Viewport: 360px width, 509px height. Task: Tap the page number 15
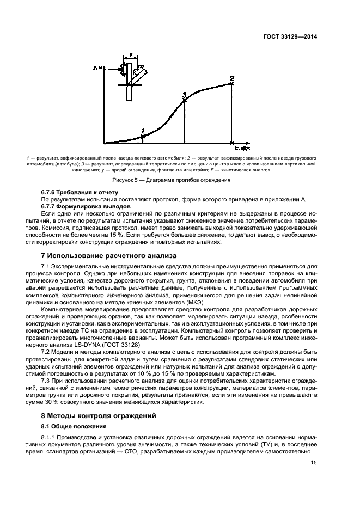314,463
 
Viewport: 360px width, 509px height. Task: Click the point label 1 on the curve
143,131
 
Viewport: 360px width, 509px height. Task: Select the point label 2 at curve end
232,78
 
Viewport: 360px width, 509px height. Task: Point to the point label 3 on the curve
185,95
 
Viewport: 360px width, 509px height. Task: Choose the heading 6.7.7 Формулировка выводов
86,207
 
